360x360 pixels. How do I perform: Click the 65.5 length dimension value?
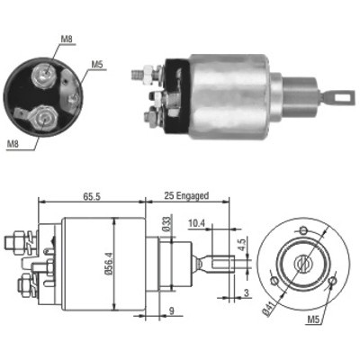pyautogui.click(x=91, y=197)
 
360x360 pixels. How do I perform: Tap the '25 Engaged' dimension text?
pyautogui.click(x=186, y=196)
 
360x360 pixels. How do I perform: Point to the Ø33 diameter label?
pyautogui.click(x=167, y=223)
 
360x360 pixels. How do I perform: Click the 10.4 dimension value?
pyautogui.click(x=197, y=223)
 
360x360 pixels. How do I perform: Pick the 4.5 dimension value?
pyautogui.click(x=242, y=245)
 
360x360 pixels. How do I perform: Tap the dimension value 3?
pyautogui.click(x=247, y=292)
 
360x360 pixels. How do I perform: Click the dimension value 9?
pyautogui.click(x=171, y=310)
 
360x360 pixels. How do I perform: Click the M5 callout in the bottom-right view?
pyautogui.click(x=313, y=320)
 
